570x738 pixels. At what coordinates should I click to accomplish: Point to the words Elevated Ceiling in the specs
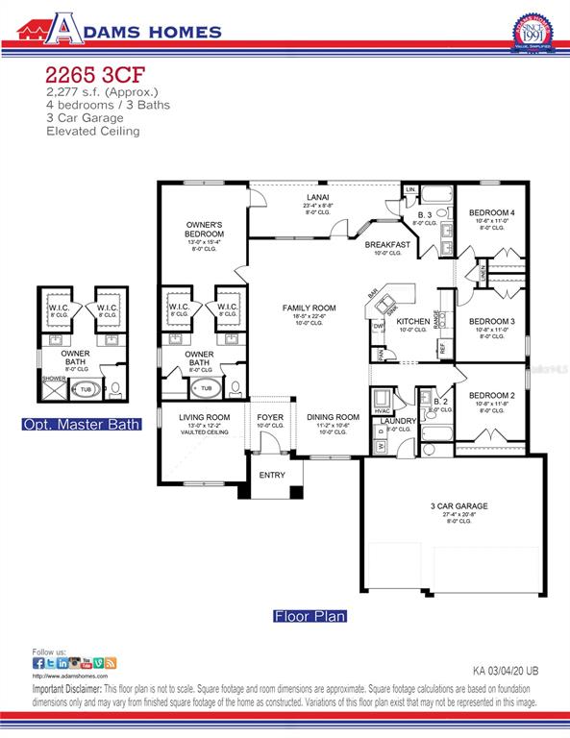92,131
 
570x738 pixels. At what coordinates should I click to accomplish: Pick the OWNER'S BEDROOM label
205,229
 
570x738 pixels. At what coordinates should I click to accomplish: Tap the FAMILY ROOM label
305,308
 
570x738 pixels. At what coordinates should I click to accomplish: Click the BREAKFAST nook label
387,245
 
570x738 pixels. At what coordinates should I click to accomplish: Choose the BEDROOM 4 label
491,212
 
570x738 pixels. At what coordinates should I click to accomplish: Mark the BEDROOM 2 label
491,395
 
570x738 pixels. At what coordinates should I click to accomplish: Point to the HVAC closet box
382,403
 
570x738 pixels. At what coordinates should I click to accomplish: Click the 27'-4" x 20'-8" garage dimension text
458,515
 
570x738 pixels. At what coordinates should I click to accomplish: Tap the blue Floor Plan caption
310,616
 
